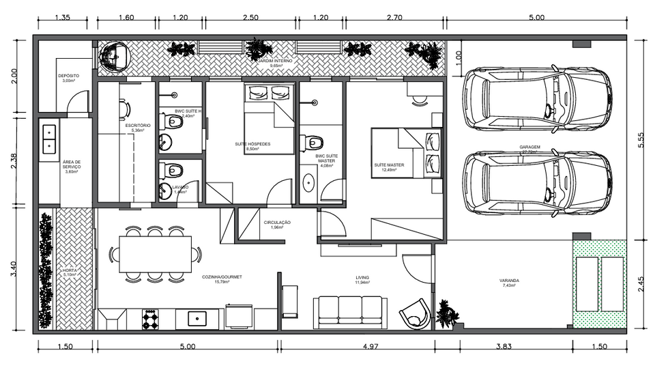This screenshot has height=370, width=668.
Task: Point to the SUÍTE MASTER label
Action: (x=388, y=165)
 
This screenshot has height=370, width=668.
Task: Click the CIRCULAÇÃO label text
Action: (x=277, y=223)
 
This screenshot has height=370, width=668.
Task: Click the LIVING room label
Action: (x=362, y=278)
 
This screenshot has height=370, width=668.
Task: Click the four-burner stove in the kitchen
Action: (x=149, y=318)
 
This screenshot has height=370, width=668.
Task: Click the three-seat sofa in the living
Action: (x=351, y=312)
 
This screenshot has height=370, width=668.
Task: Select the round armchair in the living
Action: (x=414, y=315)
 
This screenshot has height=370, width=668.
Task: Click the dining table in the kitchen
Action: (x=155, y=254)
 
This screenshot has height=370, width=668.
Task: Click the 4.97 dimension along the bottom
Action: (x=370, y=347)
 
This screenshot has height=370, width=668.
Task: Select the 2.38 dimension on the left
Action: (x=15, y=160)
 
